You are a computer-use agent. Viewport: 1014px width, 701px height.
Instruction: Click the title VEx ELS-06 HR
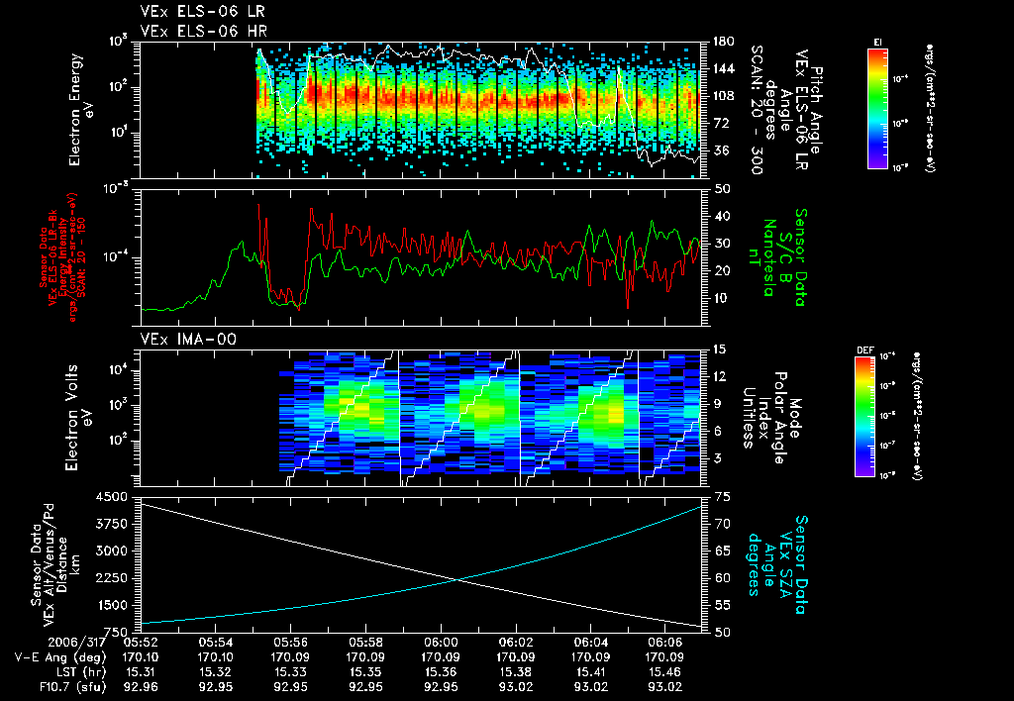[194, 30]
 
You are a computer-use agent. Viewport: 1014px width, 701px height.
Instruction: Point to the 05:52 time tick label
[142, 641]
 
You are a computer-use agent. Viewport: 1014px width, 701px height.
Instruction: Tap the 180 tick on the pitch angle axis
[721, 42]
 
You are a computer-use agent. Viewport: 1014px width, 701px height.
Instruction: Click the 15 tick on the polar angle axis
[720, 350]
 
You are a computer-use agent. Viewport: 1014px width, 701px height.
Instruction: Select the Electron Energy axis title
[82, 109]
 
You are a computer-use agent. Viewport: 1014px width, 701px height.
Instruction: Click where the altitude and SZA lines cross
[456, 580]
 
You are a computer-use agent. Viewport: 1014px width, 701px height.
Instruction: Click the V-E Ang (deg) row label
[55, 655]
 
